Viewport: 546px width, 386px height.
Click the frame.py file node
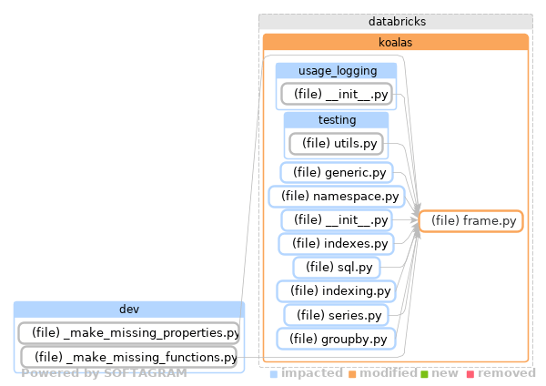[470, 220]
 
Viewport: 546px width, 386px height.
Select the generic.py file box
[336, 172]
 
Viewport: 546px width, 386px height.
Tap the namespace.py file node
[336, 196]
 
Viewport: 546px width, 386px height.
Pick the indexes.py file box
[336, 243]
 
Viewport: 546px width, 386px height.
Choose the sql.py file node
[336, 267]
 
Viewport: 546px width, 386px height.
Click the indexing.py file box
[336, 291]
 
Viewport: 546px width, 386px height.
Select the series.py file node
[336, 315]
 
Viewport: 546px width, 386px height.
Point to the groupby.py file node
[336, 339]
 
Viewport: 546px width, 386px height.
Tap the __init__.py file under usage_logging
[336, 94]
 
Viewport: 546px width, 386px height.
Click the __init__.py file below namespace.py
[336, 219]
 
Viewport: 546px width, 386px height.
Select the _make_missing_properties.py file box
[129, 332]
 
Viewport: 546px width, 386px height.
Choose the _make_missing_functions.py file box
[128, 357]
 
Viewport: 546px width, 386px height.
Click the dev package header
[129, 309]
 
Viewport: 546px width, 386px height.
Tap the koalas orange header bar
[395, 42]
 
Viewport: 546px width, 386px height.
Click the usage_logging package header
[336, 71]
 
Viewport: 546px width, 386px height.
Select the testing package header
[336, 120]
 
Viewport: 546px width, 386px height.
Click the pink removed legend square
[470, 374]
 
